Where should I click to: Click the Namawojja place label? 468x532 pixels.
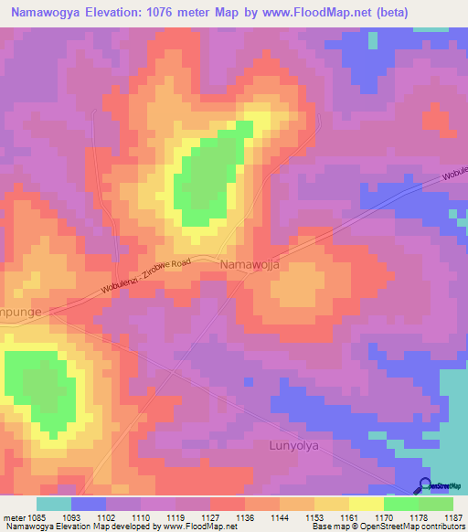coord(250,264)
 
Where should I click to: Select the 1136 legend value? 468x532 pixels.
coord(245,517)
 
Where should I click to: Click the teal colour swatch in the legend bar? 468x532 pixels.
coord(53,504)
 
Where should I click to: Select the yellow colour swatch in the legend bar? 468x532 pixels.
coord(366,504)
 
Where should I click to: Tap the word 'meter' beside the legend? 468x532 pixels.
coord(16,517)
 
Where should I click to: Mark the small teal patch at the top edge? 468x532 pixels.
coord(371,40)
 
